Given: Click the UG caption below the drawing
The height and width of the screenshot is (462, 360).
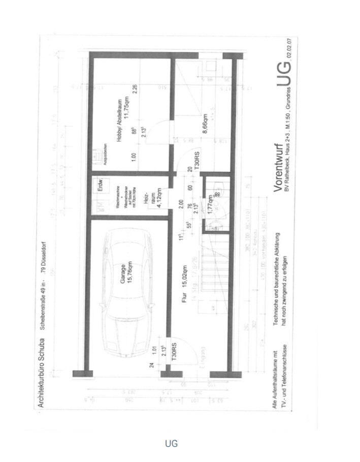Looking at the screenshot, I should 171,443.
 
